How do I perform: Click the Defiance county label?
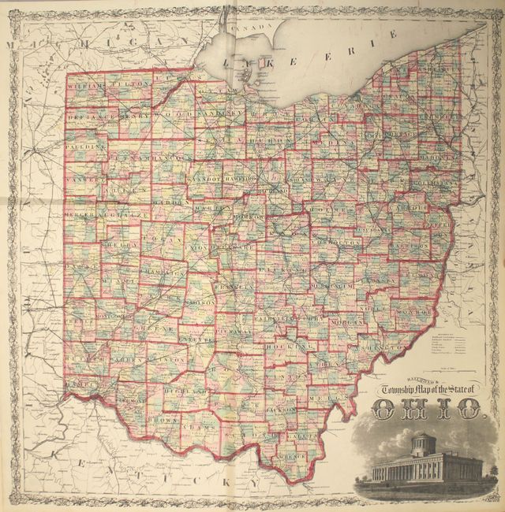(89, 115)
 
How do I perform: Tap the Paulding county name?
(86, 147)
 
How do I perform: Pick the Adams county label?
(196, 425)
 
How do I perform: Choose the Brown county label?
(162, 420)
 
